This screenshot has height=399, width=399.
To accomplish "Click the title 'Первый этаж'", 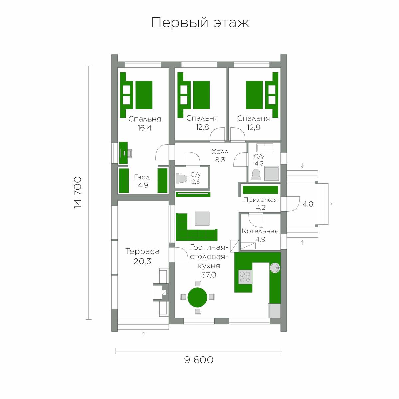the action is [x=200, y=23].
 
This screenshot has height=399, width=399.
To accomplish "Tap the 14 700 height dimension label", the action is [x=78, y=193].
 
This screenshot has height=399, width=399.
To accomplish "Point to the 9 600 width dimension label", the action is [x=199, y=360].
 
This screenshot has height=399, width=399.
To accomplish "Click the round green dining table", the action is [x=197, y=297].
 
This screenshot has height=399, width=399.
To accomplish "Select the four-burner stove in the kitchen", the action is [x=245, y=277].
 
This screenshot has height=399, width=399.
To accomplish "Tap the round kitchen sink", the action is [x=275, y=268].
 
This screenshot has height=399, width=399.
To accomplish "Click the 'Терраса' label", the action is [x=142, y=251].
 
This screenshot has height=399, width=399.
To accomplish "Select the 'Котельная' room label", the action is [x=260, y=231].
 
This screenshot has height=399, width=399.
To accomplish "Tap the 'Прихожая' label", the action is [x=260, y=200].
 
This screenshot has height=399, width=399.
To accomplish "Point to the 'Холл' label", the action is [x=220, y=152].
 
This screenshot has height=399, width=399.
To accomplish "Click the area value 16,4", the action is [x=145, y=128].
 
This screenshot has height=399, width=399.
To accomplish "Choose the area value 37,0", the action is [x=209, y=275].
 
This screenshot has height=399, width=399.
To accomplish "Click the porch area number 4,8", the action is [x=308, y=204].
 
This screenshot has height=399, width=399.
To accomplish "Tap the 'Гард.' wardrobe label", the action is [x=143, y=177].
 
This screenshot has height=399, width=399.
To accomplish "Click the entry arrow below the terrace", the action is [x=143, y=334].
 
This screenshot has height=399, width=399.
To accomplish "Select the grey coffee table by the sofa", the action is [x=202, y=219].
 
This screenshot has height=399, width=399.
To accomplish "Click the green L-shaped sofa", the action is [x=187, y=234].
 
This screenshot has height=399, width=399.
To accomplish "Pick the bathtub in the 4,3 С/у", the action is [x=265, y=148].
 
